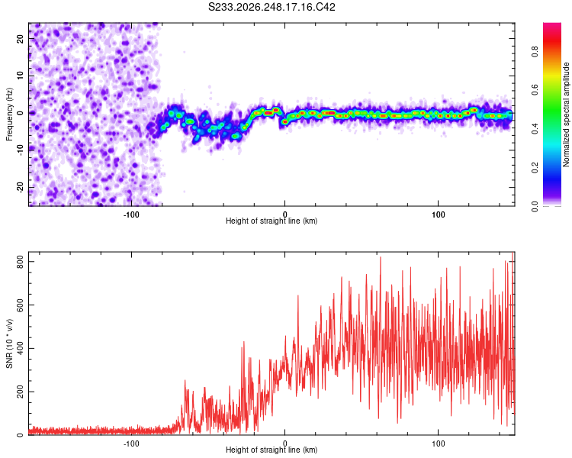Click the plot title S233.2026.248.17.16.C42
click(x=272, y=7)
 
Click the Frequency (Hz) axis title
click(x=9, y=114)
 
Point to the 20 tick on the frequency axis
click(x=21, y=38)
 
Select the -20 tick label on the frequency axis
click(x=21, y=188)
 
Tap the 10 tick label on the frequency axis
click(x=21, y=76)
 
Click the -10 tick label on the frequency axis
click(x=21, y=150)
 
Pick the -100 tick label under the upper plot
click(x=131, y=214)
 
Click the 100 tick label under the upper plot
click(x=438, y=214)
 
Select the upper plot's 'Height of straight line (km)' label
click(x=272, y=221)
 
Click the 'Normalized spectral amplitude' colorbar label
click(x=566, y=114)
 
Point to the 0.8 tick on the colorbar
click(x=535, y=52)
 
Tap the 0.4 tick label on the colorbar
click(x=535, y=129)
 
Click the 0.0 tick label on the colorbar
click(x=535, y=206)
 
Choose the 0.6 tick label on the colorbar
click(x=535, y=90)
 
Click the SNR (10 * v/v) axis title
click(x=9, y=343)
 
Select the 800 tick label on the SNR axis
click(x=21, y=262)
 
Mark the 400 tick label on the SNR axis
click(x=21, y=348)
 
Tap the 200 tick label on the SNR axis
click(x=21, y=392)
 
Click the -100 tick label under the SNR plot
click(x=131, y=443)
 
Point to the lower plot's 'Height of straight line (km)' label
click(x=272, y=450)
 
